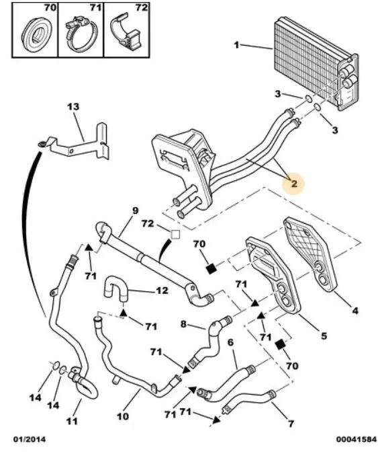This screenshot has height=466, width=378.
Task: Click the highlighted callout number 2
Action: pos(293,184)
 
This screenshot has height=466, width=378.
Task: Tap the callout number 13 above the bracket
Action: pos(73,106)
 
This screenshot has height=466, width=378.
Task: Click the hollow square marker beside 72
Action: pos(175,235)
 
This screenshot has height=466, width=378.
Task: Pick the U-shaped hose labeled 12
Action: pos(115,288)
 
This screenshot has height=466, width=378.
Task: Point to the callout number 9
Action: pos(135,210)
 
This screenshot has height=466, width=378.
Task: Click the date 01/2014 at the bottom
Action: pos(30,439)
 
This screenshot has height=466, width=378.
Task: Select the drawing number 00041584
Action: pos(356,439)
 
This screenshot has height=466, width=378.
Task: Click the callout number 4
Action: pos(355,311)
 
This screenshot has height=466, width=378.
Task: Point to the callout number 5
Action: pos(324,336)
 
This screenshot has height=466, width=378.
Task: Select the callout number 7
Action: pos(291,423)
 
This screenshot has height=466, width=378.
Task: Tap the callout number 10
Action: pos(123,416)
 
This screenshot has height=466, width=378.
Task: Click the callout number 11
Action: pos(72,420)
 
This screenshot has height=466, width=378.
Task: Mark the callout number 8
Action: pos(184,323)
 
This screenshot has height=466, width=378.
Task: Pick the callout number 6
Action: pos(230,342)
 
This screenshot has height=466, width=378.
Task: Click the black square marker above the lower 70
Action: pos(280,345)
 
